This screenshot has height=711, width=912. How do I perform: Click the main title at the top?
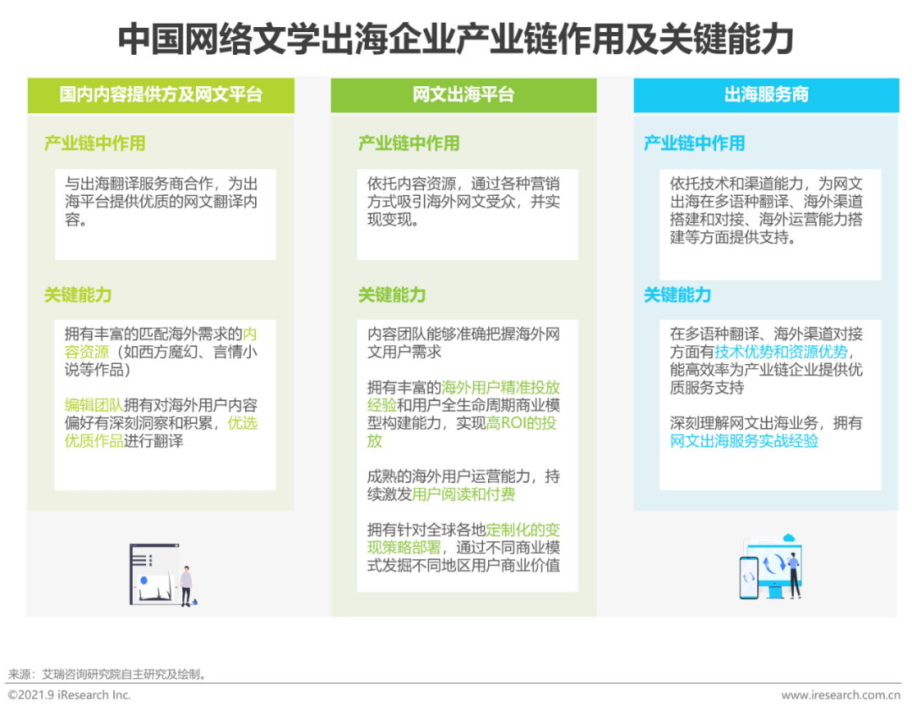455,39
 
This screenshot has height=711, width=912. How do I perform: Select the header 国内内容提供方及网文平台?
161,95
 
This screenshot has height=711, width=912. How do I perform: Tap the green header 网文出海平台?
464,95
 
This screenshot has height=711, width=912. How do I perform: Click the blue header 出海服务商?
766,95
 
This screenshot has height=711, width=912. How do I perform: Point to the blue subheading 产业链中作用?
694,144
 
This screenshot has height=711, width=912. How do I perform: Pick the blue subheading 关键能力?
677,295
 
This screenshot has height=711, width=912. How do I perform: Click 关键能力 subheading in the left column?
78,295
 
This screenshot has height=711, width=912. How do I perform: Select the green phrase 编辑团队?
94,405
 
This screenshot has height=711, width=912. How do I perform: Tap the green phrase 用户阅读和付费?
464,494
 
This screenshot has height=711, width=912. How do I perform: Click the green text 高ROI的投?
521,423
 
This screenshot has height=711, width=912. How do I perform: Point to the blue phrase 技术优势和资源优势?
781,352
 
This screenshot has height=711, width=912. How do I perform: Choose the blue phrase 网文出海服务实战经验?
744,441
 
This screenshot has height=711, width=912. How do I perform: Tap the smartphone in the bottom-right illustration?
748,578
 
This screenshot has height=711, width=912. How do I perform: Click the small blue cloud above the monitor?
789,538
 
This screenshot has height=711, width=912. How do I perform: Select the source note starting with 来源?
107,675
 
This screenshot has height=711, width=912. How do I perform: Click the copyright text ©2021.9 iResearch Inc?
69,695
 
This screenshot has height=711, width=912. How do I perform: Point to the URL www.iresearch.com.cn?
840,695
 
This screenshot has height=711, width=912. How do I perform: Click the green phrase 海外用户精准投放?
501,388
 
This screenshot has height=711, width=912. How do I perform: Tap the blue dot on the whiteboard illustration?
144,580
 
